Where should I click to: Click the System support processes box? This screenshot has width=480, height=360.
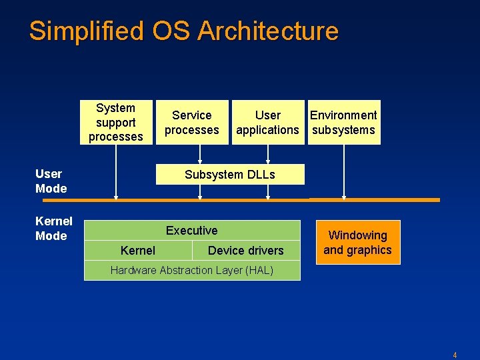click(x=116, y=122)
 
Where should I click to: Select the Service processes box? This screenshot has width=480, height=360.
click(x=192, y=122)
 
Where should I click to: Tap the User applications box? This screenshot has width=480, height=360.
click(x=267, y=122)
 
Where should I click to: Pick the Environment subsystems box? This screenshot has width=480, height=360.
click(x=344, y=122)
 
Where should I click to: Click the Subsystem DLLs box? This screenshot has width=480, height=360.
click(x=230, y=175)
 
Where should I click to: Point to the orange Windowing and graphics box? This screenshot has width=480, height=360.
click(x=358, y=243)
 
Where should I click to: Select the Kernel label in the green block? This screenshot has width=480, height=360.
click(x=138, y=251)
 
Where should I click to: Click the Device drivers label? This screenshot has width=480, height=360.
click(x=245, y=251)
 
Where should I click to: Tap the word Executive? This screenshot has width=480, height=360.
click(x=192, y=231)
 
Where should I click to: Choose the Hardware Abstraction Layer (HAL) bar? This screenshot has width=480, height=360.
click(x=192, y=270)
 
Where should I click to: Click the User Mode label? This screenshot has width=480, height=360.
click(x=51, y=181)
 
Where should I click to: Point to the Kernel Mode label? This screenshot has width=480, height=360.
click(x=54, y=229)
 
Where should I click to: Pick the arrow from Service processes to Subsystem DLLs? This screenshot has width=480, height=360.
click(x=200, y=154)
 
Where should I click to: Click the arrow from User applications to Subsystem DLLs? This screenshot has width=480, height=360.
click(x=267, y=154)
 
